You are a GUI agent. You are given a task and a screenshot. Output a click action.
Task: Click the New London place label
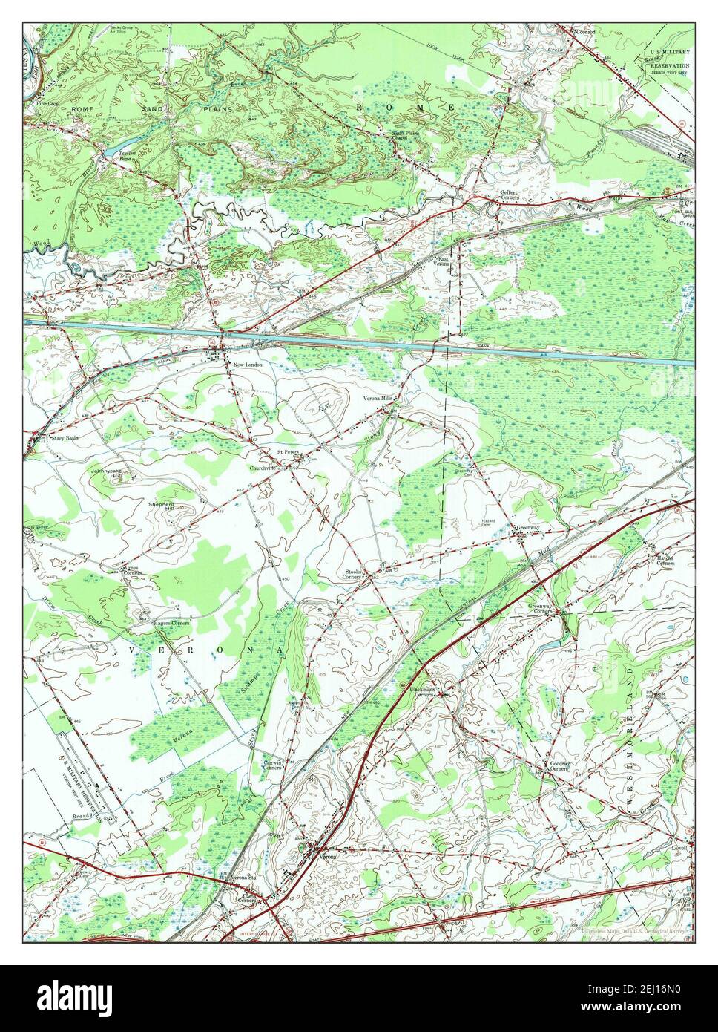(247, 365)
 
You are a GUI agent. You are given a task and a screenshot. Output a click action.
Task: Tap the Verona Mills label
(377, 398)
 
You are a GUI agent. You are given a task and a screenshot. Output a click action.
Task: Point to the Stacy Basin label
(64, 438)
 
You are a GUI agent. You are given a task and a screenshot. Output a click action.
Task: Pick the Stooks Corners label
(352, 574)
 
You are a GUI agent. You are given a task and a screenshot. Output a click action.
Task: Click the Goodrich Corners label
(559, 766)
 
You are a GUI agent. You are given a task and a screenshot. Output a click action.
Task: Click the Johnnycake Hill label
(105, 471)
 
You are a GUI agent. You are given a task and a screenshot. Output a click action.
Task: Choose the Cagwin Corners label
(275, 764)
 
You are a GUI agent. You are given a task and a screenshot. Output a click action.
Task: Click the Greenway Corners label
(540, 608)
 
